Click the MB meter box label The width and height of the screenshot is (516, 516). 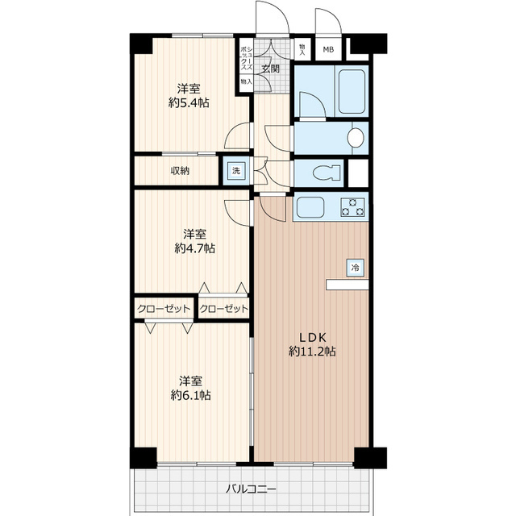pyautogui.click(x=327, y=50)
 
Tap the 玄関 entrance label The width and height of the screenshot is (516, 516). pyautogui.click(x=271, y=69)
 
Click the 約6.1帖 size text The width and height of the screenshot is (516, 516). pyautogui.click(x=191, y=395)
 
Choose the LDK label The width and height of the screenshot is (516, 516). pyautogui.click(x=313, y=336)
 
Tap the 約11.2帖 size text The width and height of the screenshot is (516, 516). pyautogui.click(x=313, y=352)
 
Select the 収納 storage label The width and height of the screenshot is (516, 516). pyautogui.click(x=180, y=170)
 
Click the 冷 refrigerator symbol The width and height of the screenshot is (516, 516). pyautogui.click(x=356, y=266)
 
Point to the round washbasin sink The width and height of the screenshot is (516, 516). pyautogui.click(x=355, y=137)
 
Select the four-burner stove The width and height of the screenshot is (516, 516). pyautogui.click(x=353, y=207)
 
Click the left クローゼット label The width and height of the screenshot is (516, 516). pyautogui.click(x=164, y=309)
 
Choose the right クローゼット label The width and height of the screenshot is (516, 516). pyautogui.click(x=223, y=309)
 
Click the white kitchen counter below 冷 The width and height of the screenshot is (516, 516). pyautogui.click(x=347, y=284)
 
